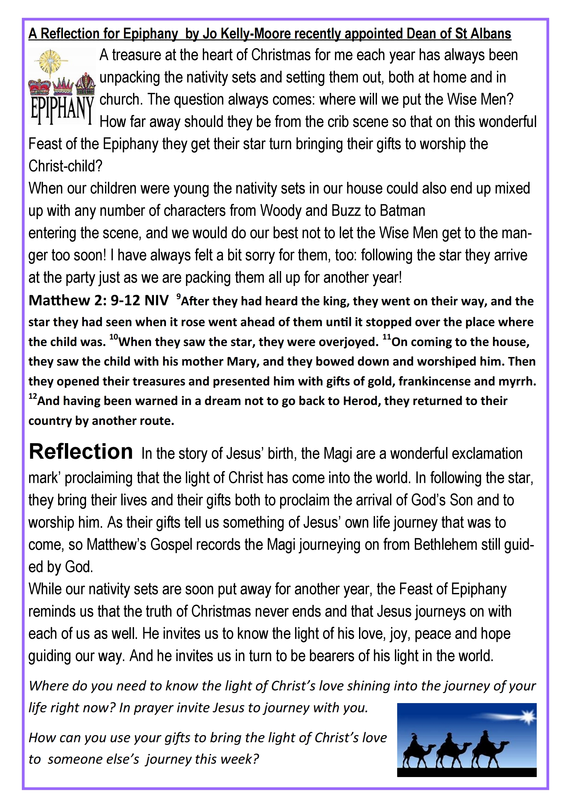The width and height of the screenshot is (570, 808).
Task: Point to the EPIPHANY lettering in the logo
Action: [x=62, y=109]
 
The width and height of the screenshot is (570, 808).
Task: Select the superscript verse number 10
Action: [x=113, y=337]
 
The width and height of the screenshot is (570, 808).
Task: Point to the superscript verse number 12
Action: [x=32, y=396]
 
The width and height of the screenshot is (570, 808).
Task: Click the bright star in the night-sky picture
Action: [x=528, y=716]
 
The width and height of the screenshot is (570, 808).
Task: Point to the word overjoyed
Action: [x=348, y=342]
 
